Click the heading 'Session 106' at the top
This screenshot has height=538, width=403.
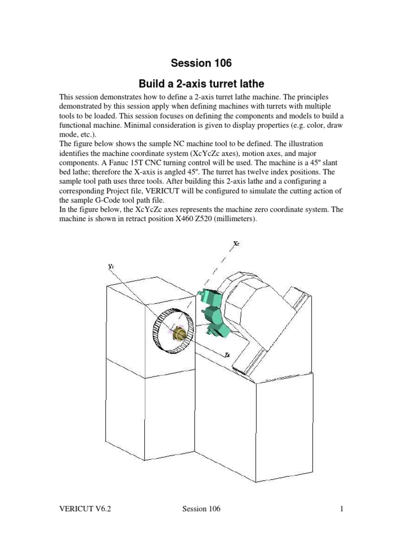pyautogui.click(x=201, y=64)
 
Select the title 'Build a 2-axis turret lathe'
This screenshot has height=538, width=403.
pyautogui.click(x=201, y=84)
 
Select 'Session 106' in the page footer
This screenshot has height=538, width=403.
pyautogui.click(x=201, y=509)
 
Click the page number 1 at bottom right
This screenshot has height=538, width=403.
pyautogui.click(x=342, y=509)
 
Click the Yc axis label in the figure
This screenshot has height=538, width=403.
pyautogui.click(x=111, y=267)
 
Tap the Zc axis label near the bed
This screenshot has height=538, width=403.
pyautogui.click(x=227, y=355)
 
